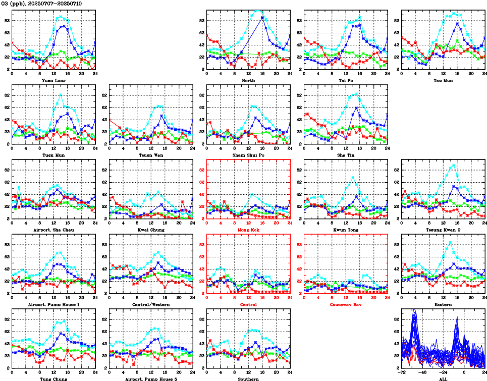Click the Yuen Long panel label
tap(53, 80)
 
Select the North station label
tap(248, 80)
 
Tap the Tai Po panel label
tap(346, 80)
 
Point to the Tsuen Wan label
tap(150, 155)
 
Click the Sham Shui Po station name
tap(248, 155)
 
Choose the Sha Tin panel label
tap(346, 155)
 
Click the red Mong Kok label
tap(248, 230)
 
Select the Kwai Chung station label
tap(150, 230)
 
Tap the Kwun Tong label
tap(346, 230)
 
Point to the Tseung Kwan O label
tap(443, 230)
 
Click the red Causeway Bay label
tap(346, 304)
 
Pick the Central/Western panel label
tap(150, 304)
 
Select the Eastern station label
tap(443, 304)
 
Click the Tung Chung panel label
tap(53, 378)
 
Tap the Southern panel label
tap(248, 378)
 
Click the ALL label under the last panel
tap(443, 378)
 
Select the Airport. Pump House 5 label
tap(150, 378)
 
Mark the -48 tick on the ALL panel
tap(422, 373)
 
